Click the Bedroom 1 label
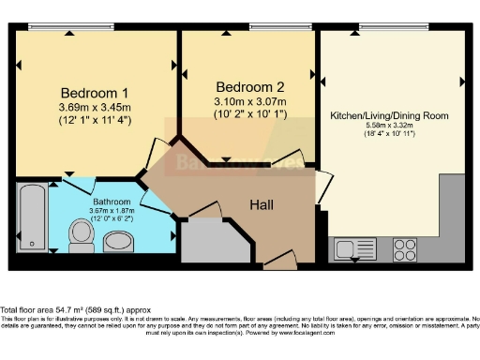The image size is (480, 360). [x=95, y=93]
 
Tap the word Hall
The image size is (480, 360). [x=262, y=203]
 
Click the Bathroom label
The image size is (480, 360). [x=112, y=201]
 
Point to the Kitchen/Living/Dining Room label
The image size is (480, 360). [x=389, y=116]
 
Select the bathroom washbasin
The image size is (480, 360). [x=119, y=242]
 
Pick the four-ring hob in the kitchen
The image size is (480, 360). [x=405, y=249]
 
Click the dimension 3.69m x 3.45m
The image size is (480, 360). [x=95, y=109]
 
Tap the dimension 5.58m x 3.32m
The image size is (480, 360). [x=389, y=127]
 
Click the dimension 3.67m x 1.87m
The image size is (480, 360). [x=112, y=210]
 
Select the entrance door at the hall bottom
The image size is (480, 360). [x=278, y=263]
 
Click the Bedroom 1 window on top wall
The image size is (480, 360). [x=59, y=27]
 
